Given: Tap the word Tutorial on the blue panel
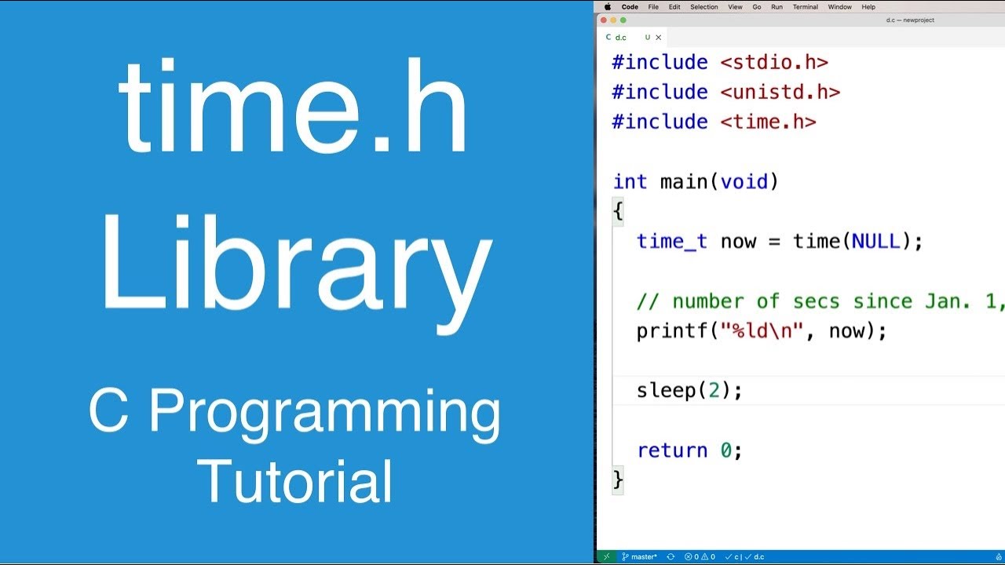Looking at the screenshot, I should (x=294, y=480).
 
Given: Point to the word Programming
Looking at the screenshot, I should (x=324, y=414).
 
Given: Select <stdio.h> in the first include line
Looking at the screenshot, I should (x=773, y=62).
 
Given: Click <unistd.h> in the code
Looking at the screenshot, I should (x=780, y=92).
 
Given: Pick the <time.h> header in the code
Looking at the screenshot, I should (x=768, y=122).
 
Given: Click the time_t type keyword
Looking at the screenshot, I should (x=671, y=241).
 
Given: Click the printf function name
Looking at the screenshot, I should (x=671, y=331).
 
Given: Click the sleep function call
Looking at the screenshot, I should (x=666, y=390).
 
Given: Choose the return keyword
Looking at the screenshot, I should (x=672, y=450).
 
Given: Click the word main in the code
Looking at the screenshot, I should (x=684, y=182).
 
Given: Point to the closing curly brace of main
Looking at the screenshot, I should (x=618, y=479).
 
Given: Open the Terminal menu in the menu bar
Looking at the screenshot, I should (x=805, y=7).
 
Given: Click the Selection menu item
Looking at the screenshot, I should (x=703, y=7).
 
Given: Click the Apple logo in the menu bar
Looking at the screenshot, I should (x=608, y=7).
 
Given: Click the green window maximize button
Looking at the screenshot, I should (x=623, y=20).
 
